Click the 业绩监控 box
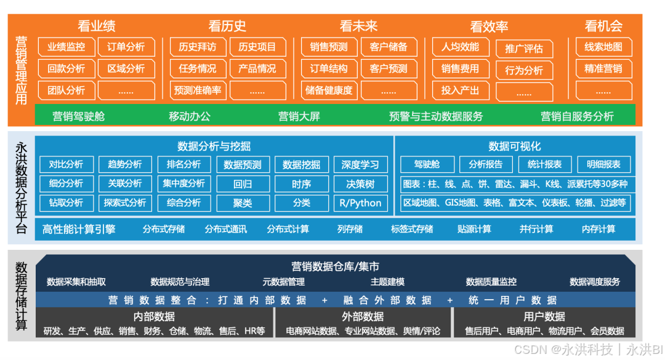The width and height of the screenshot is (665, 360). [x=66, y=47]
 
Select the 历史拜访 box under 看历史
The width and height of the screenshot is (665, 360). [x=198, y=47]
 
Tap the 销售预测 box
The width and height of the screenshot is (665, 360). [x=329, y=47]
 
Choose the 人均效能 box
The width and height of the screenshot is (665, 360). [x=460, y=47]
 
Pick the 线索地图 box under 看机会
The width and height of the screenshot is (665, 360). [x=603, y=47]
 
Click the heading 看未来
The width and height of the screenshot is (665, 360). [x=358, y=26]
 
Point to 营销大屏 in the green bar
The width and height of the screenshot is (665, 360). [x=299, y=116]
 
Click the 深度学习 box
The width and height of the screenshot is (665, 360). [x=360, y=164]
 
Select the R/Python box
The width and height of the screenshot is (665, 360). [x=360, y=202]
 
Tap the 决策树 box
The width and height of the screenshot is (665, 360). [x=360, y=183]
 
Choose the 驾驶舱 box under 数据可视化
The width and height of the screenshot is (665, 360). [x=427, y=164]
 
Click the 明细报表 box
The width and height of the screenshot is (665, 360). [x=604, y=164]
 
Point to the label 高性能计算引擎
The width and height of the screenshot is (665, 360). [x=79, y=230]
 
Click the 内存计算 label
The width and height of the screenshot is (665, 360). [x=598, y=230]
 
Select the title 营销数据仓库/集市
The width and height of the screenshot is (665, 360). [x=336, y=266]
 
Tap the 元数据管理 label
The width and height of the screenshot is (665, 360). [x=284, y=282]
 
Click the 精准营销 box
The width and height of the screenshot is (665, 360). [x=603, y=68]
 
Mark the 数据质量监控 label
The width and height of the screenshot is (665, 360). [x=491, y=282]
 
